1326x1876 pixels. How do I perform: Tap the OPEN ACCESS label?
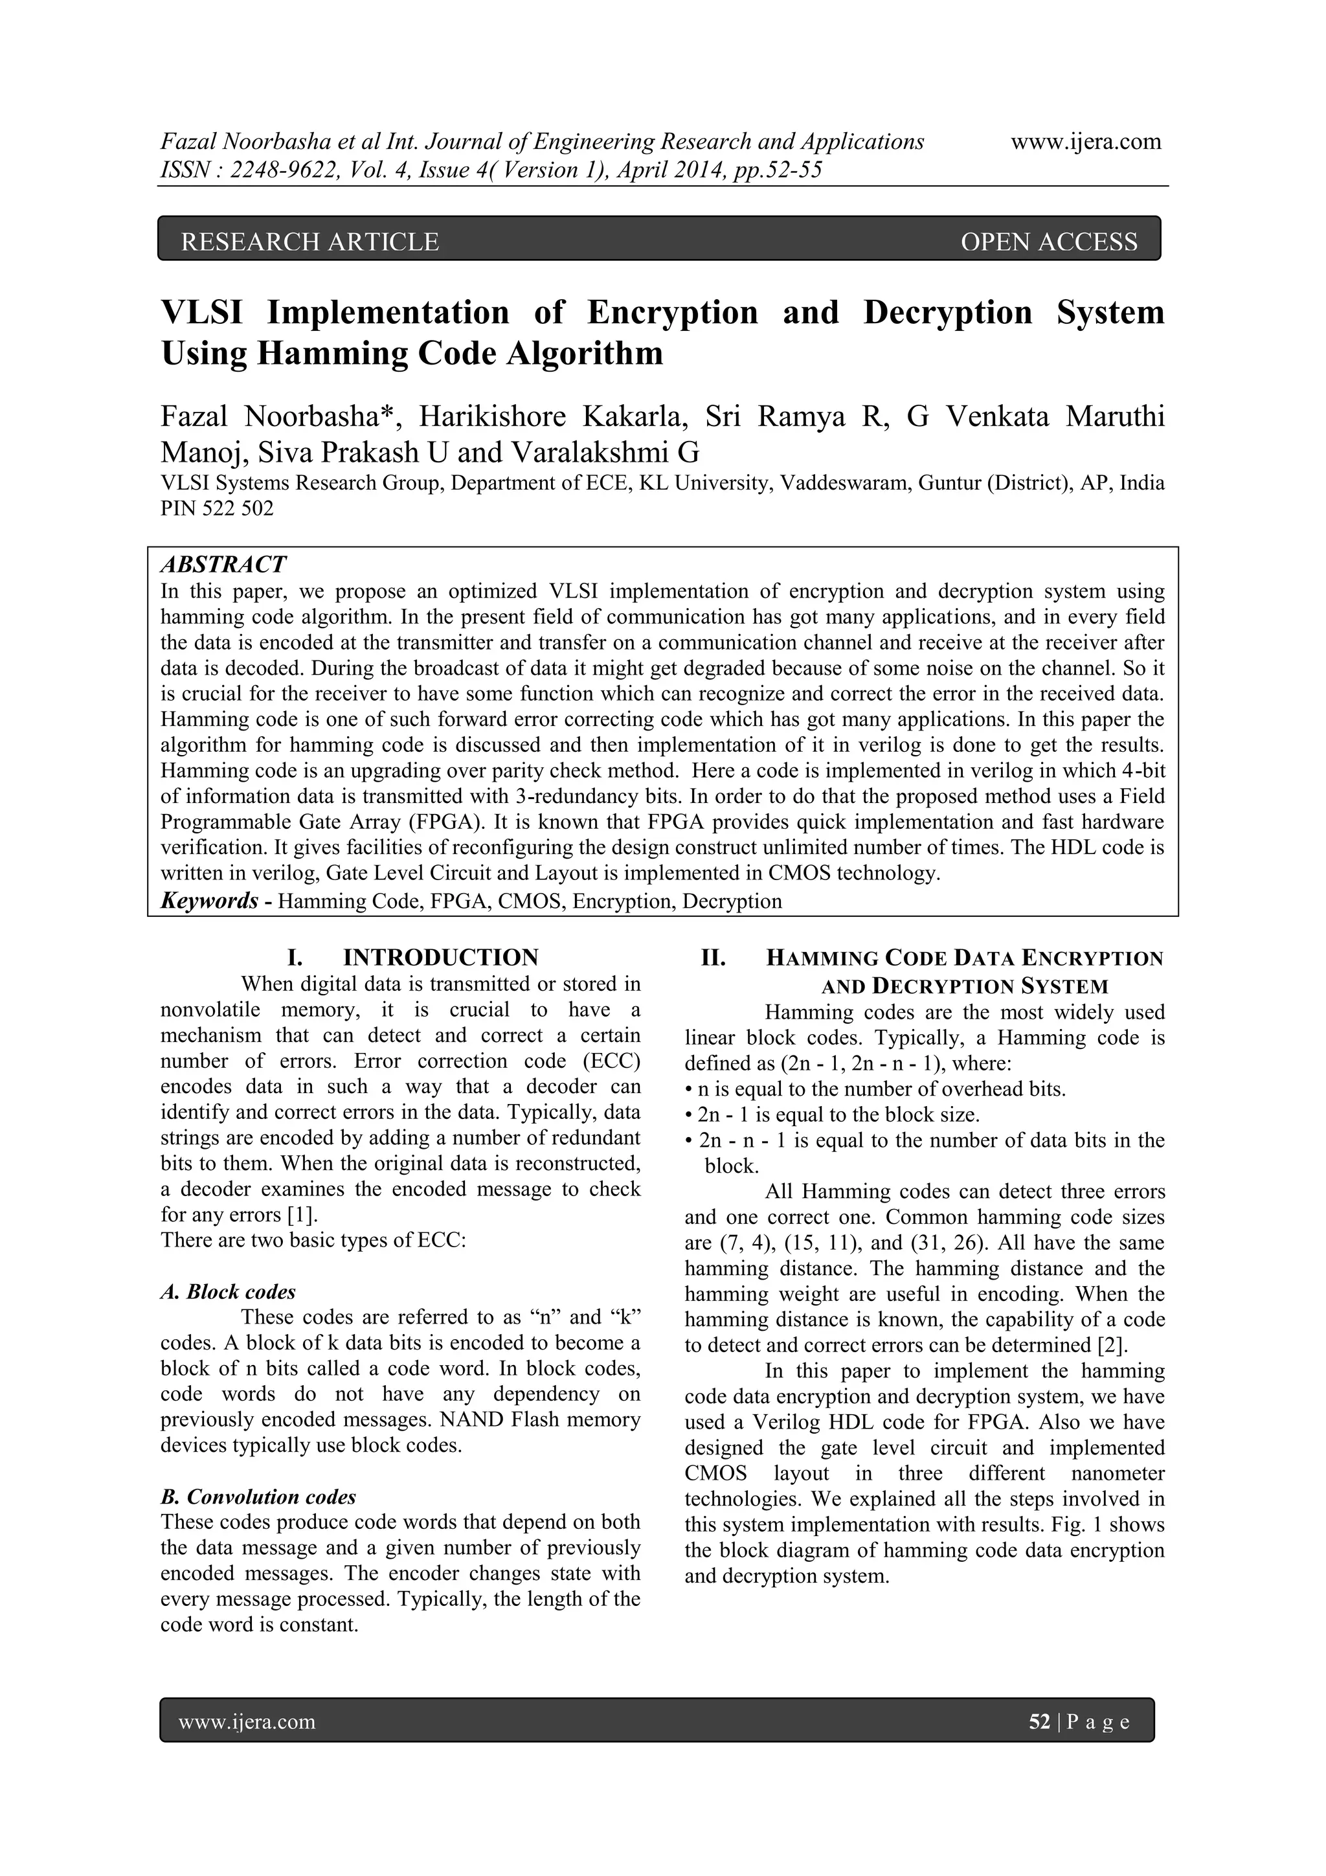(x=1048, y=242)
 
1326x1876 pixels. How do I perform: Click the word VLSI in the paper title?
(x=202, y=312)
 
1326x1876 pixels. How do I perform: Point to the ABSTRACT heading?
(x=223, y=565)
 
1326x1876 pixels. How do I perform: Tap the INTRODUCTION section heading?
(x=440, y=958)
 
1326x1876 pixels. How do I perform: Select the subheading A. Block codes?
(x=228, y=1292)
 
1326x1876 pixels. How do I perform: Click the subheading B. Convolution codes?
(x=258, y=1497)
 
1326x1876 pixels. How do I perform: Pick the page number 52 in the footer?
(x=1039, y=1723)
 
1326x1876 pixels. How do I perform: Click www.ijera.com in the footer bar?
(x=247, y=1723)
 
